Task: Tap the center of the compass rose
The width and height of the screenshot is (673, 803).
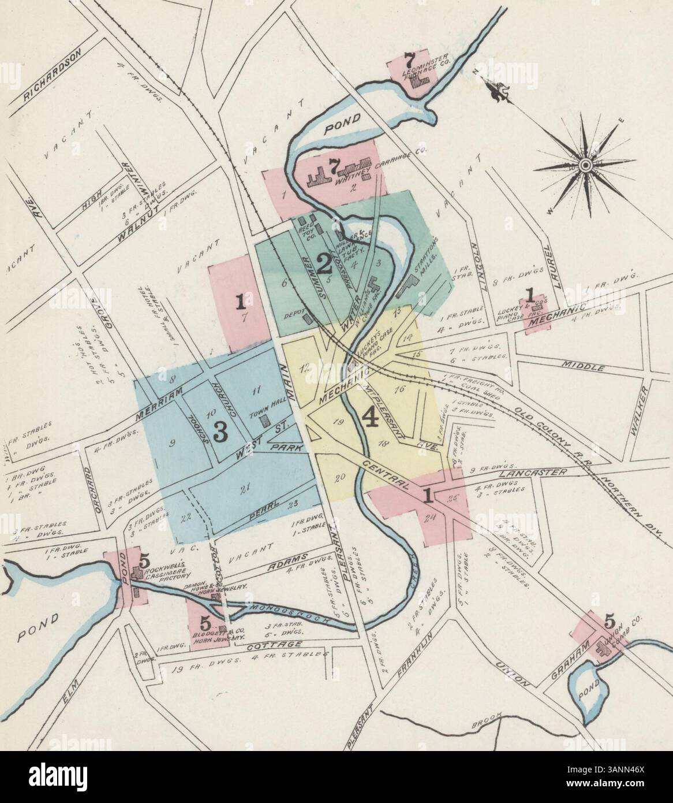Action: point(584,165)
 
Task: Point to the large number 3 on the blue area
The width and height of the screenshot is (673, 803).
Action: point(219,432)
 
